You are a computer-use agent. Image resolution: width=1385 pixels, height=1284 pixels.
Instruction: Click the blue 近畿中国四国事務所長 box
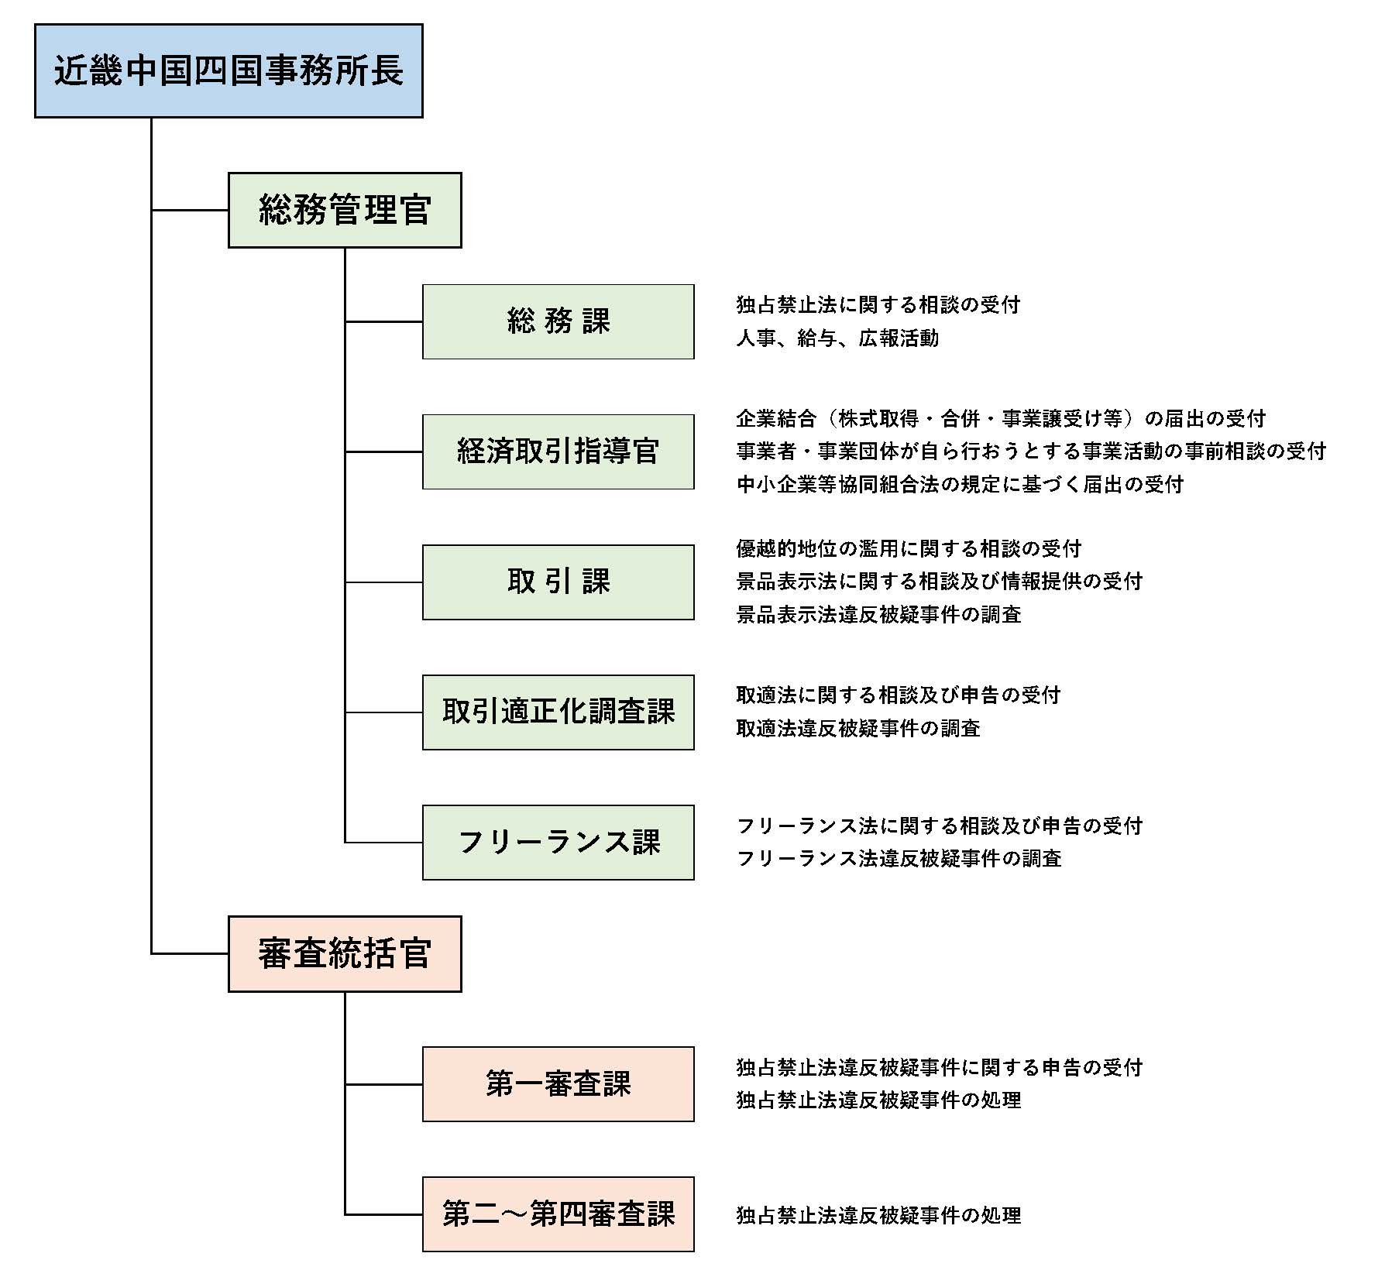click(x=229, y=71)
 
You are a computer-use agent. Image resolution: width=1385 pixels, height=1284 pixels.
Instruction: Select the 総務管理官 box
click(x=345, y=211)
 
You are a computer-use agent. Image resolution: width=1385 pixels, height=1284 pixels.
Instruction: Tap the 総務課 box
click(x=558, y=321)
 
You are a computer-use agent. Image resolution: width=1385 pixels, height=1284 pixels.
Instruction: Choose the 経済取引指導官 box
click(x=558, y=451)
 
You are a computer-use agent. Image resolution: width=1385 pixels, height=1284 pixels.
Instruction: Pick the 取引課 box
click(x=558, y=582)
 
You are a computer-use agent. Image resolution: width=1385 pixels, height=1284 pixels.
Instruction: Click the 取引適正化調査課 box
click(x=558, y=712)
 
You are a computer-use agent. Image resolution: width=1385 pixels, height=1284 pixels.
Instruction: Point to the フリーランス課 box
click(x=558, y=842)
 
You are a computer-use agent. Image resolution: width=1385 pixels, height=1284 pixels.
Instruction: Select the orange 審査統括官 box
click(x=345, y=954)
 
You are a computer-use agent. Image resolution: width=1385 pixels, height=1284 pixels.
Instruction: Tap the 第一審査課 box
click(x=558, y=1084)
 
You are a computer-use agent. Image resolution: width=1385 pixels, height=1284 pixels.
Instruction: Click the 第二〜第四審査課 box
click(x=558, y=1214)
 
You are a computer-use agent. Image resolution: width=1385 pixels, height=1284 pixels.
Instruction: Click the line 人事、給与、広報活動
click(x=837, y=338)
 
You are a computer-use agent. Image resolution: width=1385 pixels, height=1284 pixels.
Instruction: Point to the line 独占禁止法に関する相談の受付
click(x=878, y=305)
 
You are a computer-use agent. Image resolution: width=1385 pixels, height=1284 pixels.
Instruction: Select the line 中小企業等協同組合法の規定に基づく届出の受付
click(x=960, y=485)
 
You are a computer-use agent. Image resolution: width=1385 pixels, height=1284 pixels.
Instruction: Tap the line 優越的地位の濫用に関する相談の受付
click(x=909, y=549)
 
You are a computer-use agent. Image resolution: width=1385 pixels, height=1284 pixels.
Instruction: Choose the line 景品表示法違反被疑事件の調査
click(x=878, y=615)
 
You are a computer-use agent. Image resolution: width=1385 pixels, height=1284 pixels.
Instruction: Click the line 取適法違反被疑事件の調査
click(x=858, y=729)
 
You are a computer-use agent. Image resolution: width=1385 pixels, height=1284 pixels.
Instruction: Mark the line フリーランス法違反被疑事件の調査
click(x=899, y=859)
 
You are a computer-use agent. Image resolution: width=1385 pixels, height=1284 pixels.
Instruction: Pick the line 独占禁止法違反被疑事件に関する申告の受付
click(x=939, y=1068)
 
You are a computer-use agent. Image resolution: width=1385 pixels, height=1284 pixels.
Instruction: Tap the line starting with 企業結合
click(x=1001, y=419)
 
